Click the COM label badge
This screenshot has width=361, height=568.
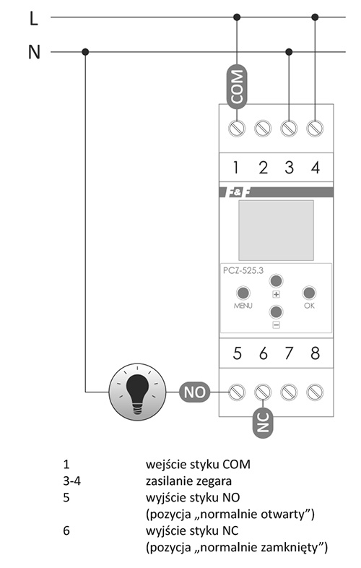coord(237,87)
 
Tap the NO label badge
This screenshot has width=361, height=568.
coord(195,392)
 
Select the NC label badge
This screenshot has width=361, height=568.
coord(263,422)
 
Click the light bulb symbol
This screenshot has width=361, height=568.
coord(138,392)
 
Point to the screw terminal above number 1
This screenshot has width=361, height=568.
coord(237,128)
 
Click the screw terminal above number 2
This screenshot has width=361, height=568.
coord(263,128)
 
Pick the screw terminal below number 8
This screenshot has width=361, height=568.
coord(315,392)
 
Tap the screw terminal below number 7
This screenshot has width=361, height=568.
coord(289,392)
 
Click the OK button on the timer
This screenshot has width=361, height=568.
coord(309,293)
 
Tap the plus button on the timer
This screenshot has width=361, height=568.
coord(276,280)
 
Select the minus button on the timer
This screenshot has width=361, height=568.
coord(276,311)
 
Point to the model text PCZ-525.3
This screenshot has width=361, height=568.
coord(243,270)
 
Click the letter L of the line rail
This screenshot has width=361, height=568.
coord(34,18)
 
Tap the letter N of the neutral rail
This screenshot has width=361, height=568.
coord(34,52)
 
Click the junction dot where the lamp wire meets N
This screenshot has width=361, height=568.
coord(85,52)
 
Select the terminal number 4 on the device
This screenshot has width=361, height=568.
coord(316,168)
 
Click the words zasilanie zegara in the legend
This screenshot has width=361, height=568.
coord(188,481)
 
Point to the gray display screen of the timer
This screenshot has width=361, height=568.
coord(276,231)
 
